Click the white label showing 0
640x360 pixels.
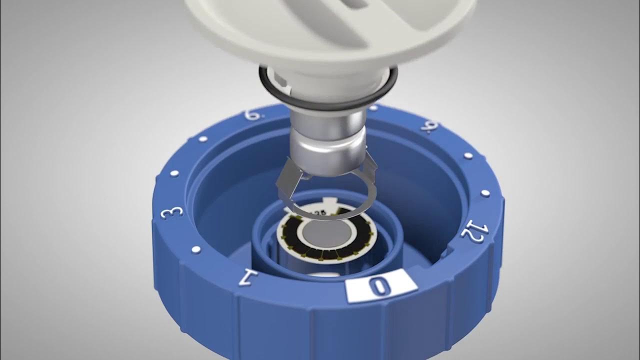click(381, 286)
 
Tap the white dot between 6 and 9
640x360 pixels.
click(373, 107)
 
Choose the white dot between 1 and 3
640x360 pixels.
click(196, 248)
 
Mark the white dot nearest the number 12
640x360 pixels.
click(484, 192)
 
